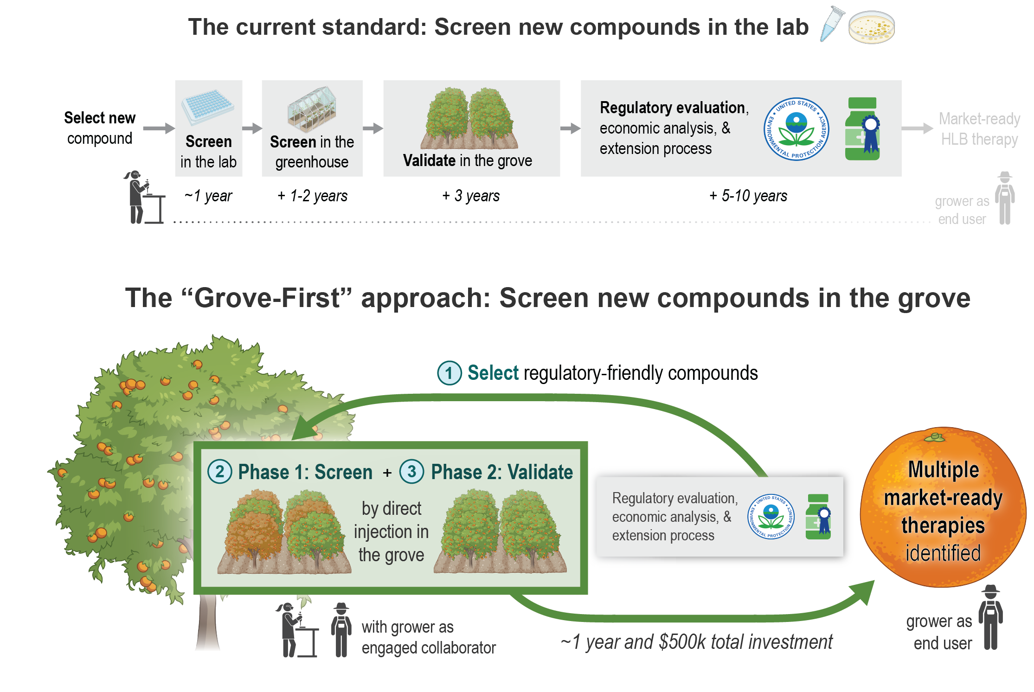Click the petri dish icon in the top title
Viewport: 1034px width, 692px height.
tap(871, 27)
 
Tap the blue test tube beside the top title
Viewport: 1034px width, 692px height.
tap(831, 24)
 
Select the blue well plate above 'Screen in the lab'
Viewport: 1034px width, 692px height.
tap(208, 106)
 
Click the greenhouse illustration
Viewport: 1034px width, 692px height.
tap(312, 109)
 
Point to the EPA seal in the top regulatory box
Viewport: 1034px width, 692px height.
tap(796, 129)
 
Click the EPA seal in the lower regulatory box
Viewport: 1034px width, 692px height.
tap(771, 516)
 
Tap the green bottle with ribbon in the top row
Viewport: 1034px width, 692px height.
tap(862, 129)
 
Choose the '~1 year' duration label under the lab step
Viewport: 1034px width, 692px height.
tap(208, 196)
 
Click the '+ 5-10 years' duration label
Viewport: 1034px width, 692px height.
tap(748, 196)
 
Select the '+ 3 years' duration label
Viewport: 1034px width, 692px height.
tap(471, 196)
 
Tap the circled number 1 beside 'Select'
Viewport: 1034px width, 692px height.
tap(449, 373)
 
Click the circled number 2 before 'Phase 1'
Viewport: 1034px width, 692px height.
tap(219, 472)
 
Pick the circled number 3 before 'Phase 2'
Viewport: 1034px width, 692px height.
tap(411, 472)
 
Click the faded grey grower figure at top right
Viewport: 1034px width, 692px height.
tap(1005, 198)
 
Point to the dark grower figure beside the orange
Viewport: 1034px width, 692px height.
tap(990, 617)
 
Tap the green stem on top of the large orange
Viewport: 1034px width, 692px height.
tap(934, 437)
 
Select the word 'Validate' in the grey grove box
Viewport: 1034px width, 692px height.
tap(429, 160)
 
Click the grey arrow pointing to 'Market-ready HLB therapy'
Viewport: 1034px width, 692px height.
tap(917, 128)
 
